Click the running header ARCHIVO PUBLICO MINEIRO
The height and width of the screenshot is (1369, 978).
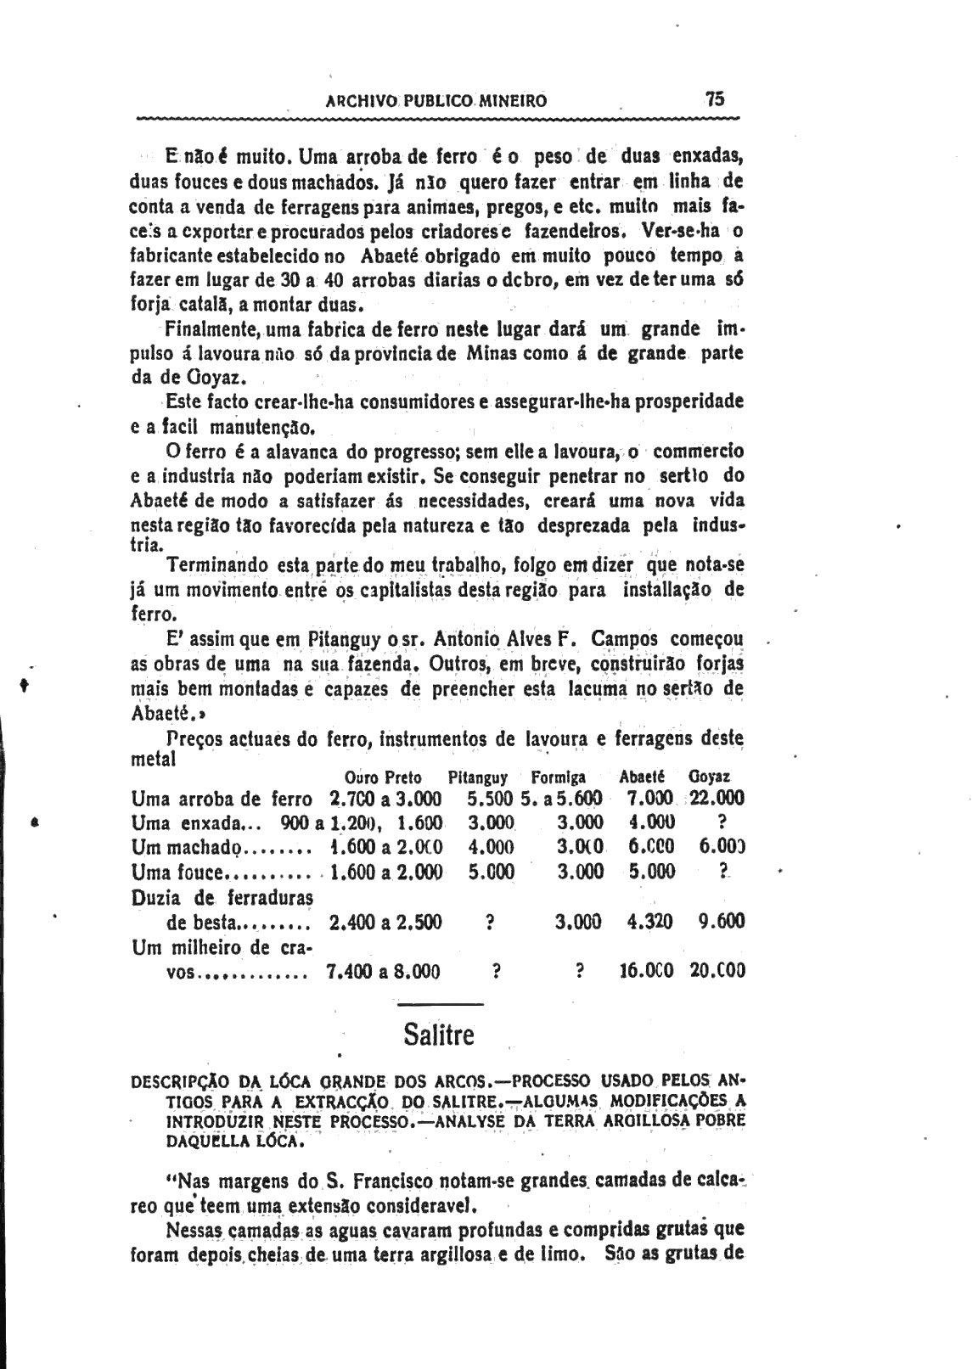click(x=436, y=101)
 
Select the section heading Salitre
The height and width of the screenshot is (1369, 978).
click(x=439, y=1035)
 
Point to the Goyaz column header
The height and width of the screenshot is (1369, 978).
click(x=710, y=777)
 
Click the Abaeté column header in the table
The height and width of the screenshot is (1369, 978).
click(x=642, y=777)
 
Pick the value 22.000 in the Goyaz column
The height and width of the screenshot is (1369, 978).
click(x=717, y=798)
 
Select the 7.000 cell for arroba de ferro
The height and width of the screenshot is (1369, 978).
click(x=649, y=798)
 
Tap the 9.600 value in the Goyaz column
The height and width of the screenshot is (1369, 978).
click(x=722, y=921)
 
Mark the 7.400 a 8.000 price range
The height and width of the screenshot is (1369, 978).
click(x=383, y=971)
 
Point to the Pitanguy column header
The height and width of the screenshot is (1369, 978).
click(x=478, y=777)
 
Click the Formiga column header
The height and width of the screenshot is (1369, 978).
click(x=558, y=777)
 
